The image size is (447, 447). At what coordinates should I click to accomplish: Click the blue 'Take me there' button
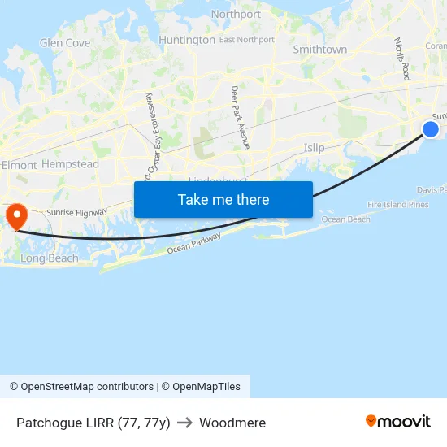tap(223, 199)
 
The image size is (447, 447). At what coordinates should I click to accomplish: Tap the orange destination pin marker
tap(16, 216)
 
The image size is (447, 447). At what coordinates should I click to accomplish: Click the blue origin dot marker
tap(431, 129)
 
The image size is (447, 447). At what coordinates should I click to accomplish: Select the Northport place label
tap(236, 15)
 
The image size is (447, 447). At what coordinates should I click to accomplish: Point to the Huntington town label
tap(187, 40)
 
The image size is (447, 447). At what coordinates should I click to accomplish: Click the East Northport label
tap(247, 40)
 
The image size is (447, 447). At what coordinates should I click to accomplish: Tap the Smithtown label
tap(320, 50)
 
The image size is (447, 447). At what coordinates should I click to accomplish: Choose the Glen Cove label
tap(65, 43)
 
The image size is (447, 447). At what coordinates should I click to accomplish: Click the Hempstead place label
tap(70, 164)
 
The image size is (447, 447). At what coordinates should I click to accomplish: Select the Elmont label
tap(19, 165)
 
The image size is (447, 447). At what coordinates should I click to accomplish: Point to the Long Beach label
tap(50, 258)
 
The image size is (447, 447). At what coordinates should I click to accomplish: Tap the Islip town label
tap(314, 148)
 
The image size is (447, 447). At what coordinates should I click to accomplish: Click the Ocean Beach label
tap(345, 219)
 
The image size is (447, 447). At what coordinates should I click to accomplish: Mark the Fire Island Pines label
tap(397, 205)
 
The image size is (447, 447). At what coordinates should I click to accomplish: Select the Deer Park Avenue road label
tap(240, 117)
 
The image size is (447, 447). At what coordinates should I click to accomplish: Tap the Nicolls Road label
tap(401, 59)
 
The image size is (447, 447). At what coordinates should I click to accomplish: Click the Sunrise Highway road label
tap(76, 212)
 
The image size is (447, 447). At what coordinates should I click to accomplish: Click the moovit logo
tap(398, 421)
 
